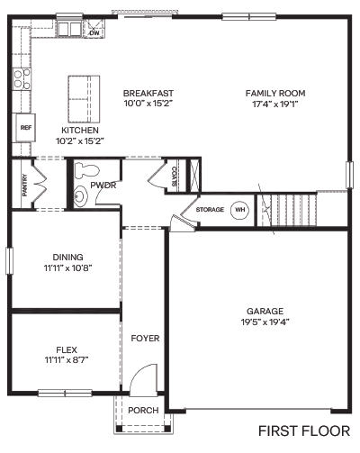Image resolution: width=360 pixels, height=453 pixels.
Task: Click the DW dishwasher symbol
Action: (x=94, y=28)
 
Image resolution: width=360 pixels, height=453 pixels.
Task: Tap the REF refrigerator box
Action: (x=26, y=128)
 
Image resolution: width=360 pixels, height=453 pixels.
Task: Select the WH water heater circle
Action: (x=240, y=210)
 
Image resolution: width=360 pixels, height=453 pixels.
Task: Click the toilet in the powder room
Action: (x=86, y=171)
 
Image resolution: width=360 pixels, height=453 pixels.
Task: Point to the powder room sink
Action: (x=79, y=196)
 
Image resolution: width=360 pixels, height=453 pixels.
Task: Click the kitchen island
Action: (x=84, y=99)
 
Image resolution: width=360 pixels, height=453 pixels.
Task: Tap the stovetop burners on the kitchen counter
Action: (x=22, y=79)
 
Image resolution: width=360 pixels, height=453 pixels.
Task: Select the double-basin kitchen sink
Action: (x=69, y=29)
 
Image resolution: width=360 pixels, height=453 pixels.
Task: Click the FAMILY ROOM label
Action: (x=275, y=94)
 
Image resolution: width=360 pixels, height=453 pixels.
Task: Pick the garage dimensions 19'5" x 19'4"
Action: (x=265, y=322)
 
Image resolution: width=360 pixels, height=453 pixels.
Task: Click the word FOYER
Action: (x=145, y=339)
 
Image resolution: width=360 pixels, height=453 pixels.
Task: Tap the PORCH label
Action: (x=143, y=410)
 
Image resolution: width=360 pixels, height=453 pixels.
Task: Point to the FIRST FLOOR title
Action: (x=304, y=431)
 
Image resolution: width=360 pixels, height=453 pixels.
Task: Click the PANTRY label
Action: (x=24, y=186)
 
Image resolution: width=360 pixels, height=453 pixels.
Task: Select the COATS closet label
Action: (x=174, y=177)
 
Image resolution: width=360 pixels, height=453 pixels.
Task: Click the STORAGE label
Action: (x=210, y=209)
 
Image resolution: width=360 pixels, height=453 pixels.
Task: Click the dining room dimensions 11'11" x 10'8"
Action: (x=67, y=267)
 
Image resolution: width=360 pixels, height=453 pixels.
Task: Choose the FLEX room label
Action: (x=67, y=349)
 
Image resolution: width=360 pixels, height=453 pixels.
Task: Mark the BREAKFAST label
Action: (x=148, y=93)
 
